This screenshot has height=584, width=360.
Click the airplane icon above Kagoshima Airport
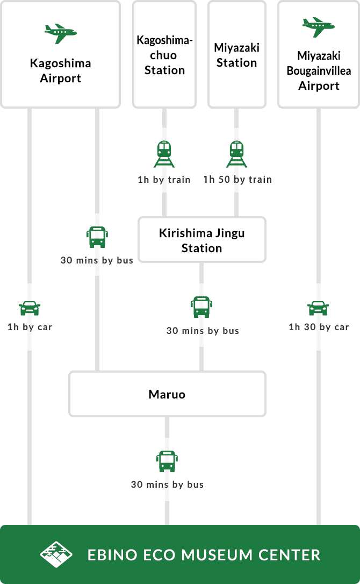click(x=60, y=33)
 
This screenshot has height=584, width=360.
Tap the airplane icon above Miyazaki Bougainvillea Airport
click(x=319, y=26)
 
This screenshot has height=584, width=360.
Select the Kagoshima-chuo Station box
click(x=164, y=54)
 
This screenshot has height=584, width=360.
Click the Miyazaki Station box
click(x=237, y=54)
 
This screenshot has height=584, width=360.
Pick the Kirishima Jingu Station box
click(x=202, y=240)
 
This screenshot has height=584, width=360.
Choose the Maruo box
click(x=167, y=394)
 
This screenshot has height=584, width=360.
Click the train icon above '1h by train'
click(x=164, y=154)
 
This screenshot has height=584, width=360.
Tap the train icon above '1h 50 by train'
click(x=236, y=154)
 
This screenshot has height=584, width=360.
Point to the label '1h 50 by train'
click(x=237, y=179)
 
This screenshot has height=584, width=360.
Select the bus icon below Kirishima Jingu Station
click(x=201, y=307)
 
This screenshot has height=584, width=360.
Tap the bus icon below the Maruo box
click(x=167, y=461)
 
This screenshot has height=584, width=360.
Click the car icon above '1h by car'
click(x=30, y=309)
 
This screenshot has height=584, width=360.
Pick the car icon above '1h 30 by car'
click(x=319, y=309)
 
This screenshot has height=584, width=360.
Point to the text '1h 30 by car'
click(x=319, y=326)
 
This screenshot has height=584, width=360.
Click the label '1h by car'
click(x=30, y=326)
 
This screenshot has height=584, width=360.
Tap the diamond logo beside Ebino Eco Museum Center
click(x=56, y=554)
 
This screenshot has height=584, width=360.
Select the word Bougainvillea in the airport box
click(x=319, y=70)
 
